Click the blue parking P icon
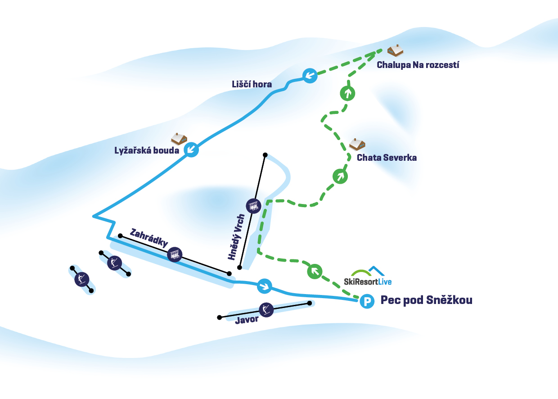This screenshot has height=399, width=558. coord(367,301)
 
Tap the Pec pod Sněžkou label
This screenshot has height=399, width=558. coord(427,300)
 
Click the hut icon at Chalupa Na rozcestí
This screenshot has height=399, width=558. coord(396,50)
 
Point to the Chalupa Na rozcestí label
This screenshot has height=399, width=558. coord(418,65)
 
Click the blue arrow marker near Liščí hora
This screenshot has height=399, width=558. coord(309,76)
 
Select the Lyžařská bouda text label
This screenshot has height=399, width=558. coord(147,150)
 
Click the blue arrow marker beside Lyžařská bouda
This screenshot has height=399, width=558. coord(192,149)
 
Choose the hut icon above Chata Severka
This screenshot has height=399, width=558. coord(357,144)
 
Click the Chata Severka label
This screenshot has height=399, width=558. coord(387,158)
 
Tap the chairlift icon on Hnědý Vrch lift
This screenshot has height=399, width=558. coord(253,206)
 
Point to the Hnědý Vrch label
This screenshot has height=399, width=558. coord(236,236)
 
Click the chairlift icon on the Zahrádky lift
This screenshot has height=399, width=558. coord(175,255)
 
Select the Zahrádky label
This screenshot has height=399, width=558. coord(148,238)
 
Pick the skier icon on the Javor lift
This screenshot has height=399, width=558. coord(266,309)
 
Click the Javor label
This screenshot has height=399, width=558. coord(247,320)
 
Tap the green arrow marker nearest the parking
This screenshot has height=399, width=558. coord(315,271)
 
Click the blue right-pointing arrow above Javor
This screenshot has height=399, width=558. coord(265,286)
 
